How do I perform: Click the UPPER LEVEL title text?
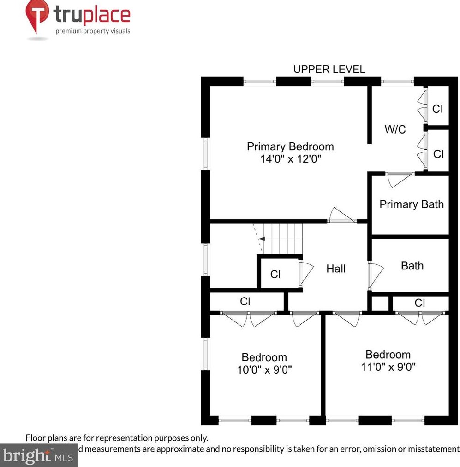tap(329, 70)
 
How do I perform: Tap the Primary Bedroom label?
tap(290, 146)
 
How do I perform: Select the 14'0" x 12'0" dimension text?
tap(290, 159)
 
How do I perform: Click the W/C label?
tap(395, 129)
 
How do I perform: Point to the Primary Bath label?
tap(411, 204)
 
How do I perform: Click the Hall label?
tap(336, 269)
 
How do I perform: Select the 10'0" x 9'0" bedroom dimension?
tap(264, 369)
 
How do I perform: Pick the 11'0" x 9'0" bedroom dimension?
tap(388, 367)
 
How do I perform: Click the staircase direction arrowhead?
tap(261, 239)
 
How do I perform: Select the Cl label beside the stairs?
tap(275, 274)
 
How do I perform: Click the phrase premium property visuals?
tap(93, 31)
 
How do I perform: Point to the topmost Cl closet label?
tap(437, 109)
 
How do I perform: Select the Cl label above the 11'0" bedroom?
tap(419, 303)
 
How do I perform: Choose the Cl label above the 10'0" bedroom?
tap(245, 302)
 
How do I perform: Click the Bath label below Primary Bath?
tap(412, 266)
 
